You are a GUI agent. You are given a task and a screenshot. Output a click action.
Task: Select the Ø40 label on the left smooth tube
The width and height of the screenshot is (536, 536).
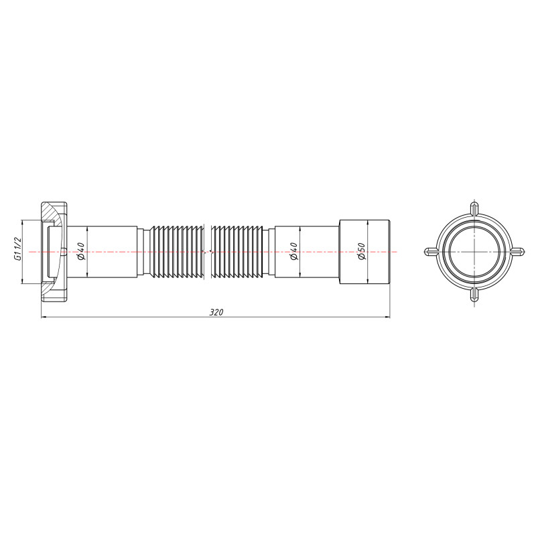click(x=80, y=251)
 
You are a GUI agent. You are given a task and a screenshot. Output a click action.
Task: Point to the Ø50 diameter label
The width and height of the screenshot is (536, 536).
click(x=360, y=252)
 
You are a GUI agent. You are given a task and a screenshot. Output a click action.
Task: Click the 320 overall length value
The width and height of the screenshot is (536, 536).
click(x=215, y=312)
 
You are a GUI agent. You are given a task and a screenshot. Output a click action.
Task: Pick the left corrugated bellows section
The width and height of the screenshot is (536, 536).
click(x=178, y=251)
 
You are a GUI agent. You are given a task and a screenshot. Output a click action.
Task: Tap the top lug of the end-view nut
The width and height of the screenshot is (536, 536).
click(x=474, y=208)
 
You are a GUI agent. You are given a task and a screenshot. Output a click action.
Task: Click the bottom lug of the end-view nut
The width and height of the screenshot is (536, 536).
click(x=474, y=295)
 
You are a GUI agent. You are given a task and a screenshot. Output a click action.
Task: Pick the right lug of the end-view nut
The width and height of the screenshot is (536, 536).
click(x=517, y=252)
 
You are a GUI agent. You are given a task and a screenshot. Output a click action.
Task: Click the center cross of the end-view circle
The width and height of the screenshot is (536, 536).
click(x=474, y=252)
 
